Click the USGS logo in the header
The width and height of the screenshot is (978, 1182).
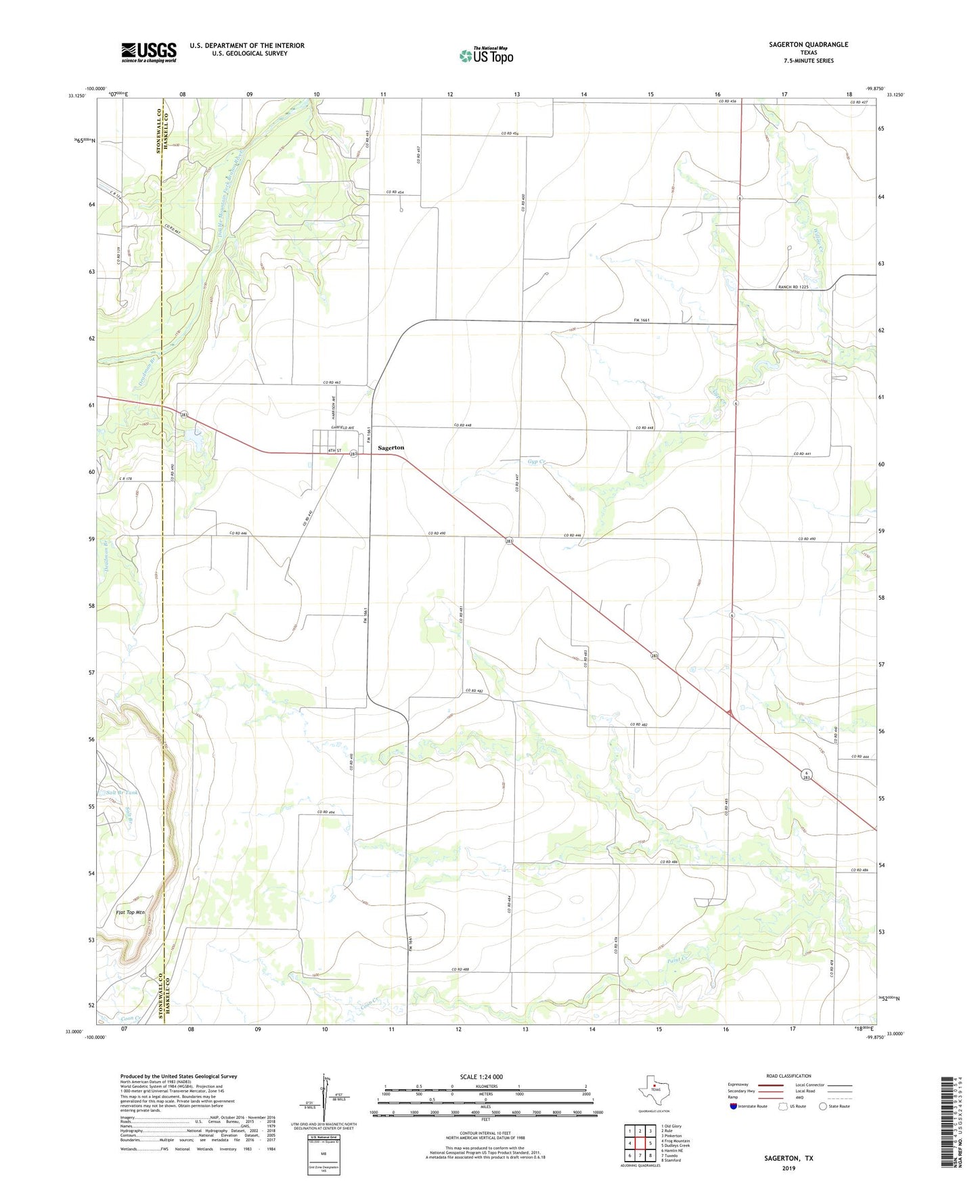tap(149, 52)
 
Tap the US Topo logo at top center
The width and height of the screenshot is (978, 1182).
tap(485, 56)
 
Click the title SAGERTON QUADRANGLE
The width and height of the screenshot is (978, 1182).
tap(808, 45)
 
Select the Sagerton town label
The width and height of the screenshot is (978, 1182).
tap(391, 447)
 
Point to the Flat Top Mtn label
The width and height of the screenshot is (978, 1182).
tap(131, 913)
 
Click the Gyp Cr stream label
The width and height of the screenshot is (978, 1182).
tap(536, 462)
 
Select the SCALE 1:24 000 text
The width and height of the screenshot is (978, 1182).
tap(481, 1076)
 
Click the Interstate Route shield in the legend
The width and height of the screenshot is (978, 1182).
tap(735, 1106)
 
